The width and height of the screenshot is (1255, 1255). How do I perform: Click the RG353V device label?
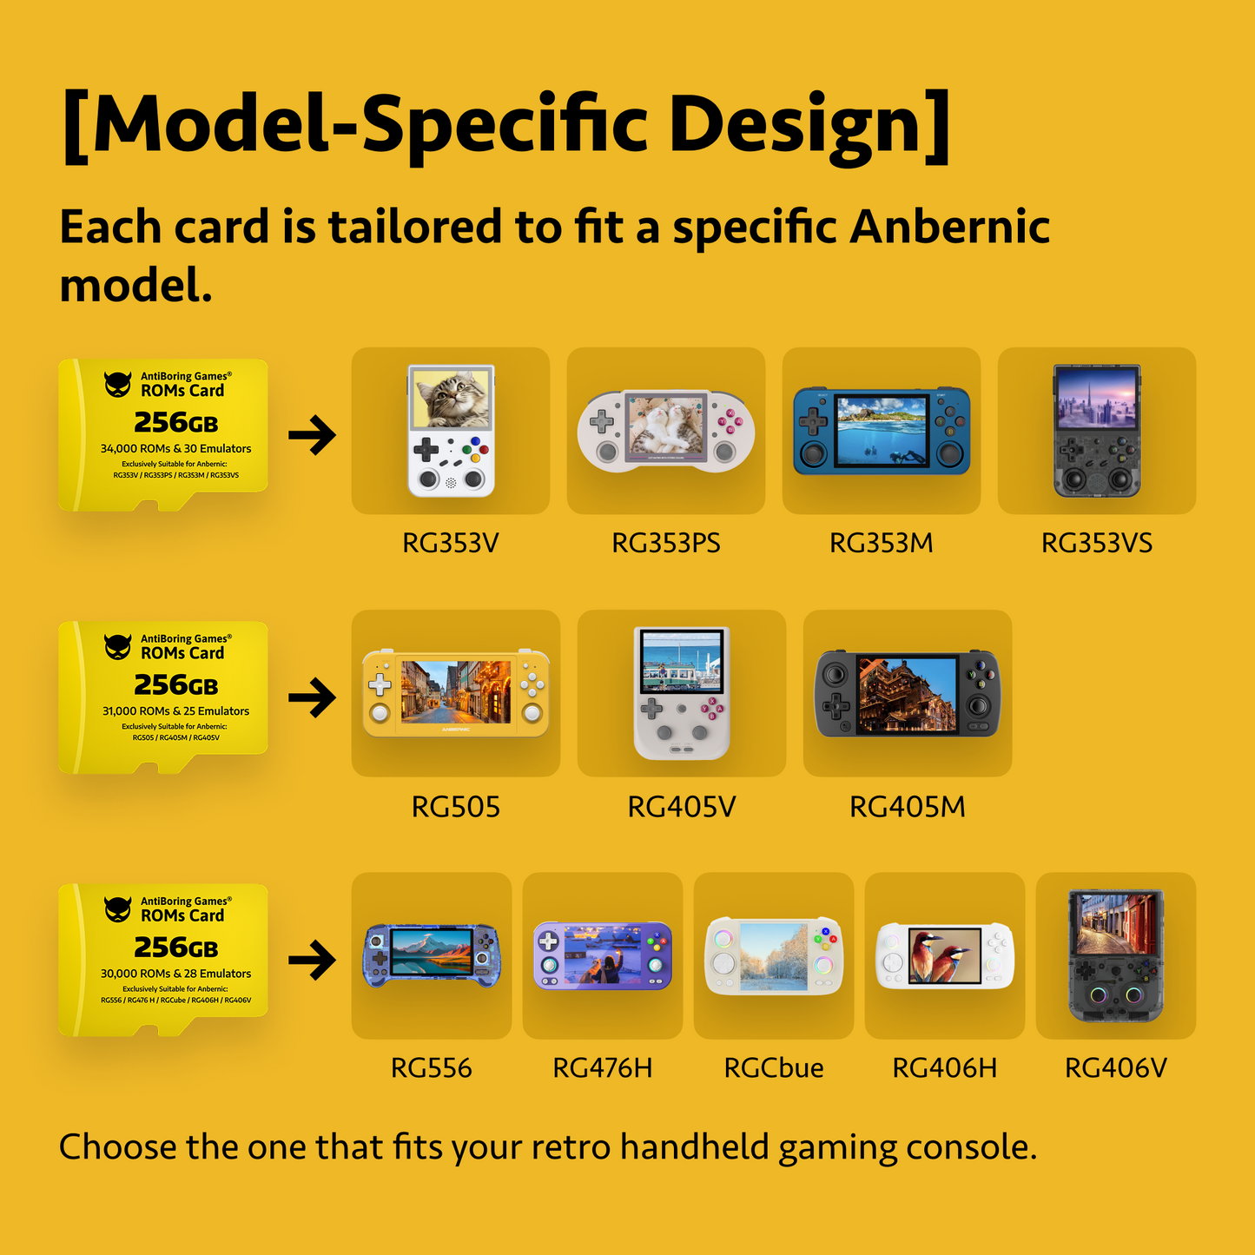click(x=450, y=544)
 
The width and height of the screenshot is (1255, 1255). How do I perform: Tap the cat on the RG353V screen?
click(x=452, y=397)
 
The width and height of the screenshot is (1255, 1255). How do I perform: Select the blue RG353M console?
click(x=881, y=432)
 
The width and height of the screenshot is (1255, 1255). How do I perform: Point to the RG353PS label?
click(x=665, y=544)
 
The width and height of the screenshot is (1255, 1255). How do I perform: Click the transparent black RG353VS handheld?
click(x=1096, y=432)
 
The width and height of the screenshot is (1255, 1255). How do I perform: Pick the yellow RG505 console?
click(x=455, y=692)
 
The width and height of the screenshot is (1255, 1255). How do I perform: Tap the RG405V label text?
click(x=681, y=807)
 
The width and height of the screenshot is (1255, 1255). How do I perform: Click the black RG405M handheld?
click(x=907, y=693)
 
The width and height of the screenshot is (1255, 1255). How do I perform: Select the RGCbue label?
click(x=773, y=1067)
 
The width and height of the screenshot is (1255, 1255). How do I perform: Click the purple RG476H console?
click(x=602, y=955)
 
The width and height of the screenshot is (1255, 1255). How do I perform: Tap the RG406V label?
click(x=1115, y=1067)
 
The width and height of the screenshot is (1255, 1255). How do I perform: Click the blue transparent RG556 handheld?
click(x=431, y=955)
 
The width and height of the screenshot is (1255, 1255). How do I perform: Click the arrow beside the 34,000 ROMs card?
click(x=312, y=435)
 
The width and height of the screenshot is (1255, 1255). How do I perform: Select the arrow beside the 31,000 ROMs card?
click(x=312, y=697)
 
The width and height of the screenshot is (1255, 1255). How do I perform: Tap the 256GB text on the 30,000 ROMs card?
click(x=175, y=948)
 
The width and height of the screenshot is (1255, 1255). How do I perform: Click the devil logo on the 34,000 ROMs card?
click(x=117, y=384)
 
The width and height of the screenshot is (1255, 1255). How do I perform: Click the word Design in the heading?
click(x=808, y=124)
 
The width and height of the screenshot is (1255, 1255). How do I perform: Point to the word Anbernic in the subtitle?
click(x=949, y=227)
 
